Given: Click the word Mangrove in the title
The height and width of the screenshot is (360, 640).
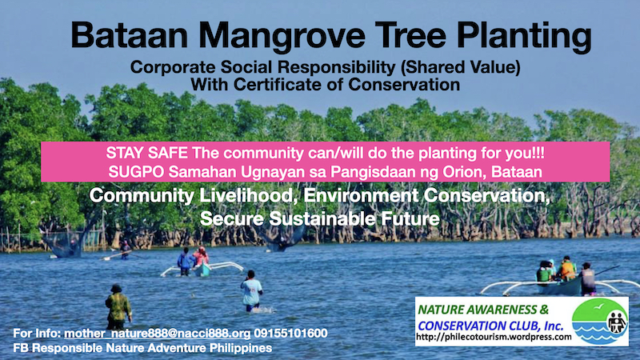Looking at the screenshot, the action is (x=282, y=36).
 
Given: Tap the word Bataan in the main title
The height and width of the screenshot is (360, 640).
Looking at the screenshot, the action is (x=130, y=35).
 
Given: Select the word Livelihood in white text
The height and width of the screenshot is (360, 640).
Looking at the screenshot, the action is (x=246, y=195).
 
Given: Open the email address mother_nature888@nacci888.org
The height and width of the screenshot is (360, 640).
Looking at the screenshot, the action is (x=157, y=334).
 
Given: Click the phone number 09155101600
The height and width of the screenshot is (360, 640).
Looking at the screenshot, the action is (x=290, y=333).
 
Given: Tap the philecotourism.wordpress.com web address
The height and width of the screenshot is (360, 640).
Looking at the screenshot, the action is (x=494, y=337).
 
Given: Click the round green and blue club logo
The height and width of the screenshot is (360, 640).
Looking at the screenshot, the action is (x=600, y=322).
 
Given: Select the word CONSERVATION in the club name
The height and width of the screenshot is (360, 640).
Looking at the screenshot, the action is (x=456, y=326).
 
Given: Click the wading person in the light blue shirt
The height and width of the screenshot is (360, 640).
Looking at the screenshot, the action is (x=250, y=290).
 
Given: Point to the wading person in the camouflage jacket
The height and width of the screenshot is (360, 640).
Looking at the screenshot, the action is (x=118, y=306).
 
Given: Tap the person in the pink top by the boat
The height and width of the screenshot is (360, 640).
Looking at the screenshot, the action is (x=201, y=256).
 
